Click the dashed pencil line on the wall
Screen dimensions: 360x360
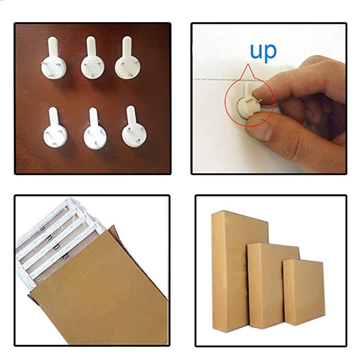[x=230, y=80]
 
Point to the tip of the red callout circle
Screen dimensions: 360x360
[x=248, y=64]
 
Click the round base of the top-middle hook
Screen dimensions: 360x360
[x=92, y=67]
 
